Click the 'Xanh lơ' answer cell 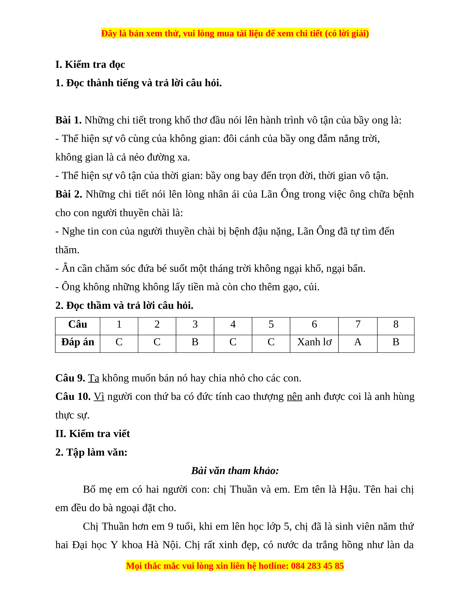click(314, 342)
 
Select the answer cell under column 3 click(195, 342)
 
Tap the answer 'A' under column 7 click(358, 342)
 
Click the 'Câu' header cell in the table click(77, 324)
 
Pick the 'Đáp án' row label click(77, 342)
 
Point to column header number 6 click(314, 324)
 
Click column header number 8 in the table click(396, 324)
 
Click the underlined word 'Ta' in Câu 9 click(94, 378)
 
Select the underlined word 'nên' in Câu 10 click(294, 396)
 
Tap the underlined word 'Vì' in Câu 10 click(99, 396)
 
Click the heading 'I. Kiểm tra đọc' click(90, 65)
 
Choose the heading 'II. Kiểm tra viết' click(93, 434)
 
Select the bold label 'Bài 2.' click(69, 194)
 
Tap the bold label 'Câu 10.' click(73, 396)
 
